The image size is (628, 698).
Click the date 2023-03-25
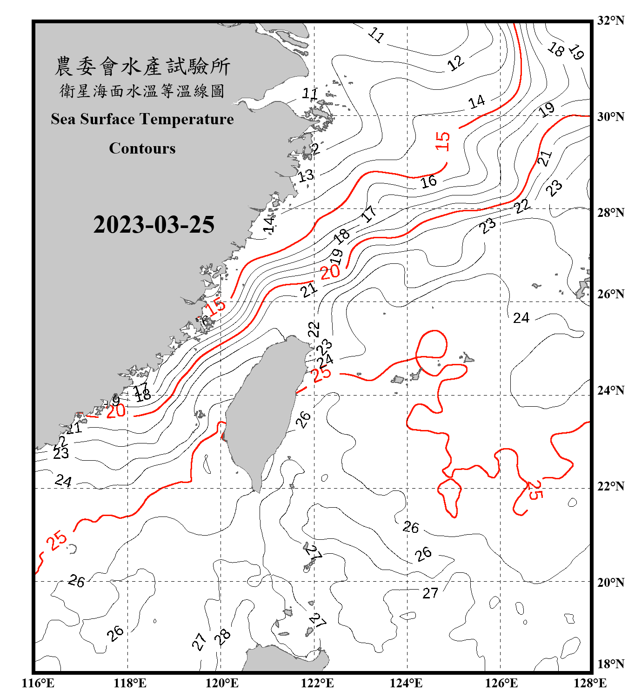154,225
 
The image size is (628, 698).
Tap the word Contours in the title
142,148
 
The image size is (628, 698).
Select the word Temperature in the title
186,119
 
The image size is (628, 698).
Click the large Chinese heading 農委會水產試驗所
142,67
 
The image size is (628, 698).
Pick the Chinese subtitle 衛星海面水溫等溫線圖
142,91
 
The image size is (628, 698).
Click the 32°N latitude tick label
610,20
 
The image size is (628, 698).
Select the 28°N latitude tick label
610,213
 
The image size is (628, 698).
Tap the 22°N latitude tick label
610,486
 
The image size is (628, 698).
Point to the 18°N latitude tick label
610,664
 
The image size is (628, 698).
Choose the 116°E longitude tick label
38,683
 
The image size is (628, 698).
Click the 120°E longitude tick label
222,683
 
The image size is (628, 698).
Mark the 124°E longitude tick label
406,683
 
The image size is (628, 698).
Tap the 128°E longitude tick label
590,683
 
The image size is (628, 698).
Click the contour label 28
223,637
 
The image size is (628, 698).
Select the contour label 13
306,176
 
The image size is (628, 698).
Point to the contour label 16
429,181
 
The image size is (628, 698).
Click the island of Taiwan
265,409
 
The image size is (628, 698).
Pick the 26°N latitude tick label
610,294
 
